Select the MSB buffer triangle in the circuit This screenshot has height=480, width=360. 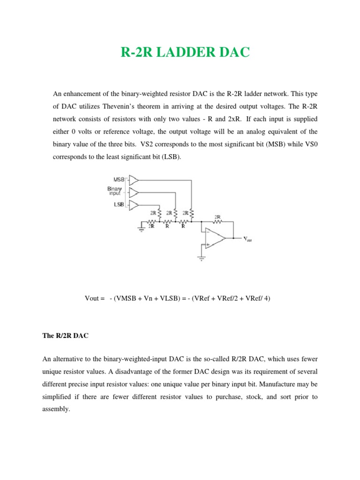pos(134,180)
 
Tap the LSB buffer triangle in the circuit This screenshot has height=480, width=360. pos(134,205)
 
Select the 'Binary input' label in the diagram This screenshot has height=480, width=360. pos(115,191)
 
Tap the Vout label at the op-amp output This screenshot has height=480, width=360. pos(247,239)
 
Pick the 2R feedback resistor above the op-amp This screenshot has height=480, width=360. pos(217,220)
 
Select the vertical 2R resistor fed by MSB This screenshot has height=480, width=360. pos(192,214)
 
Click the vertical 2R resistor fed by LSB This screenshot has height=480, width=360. pos(160,214)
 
